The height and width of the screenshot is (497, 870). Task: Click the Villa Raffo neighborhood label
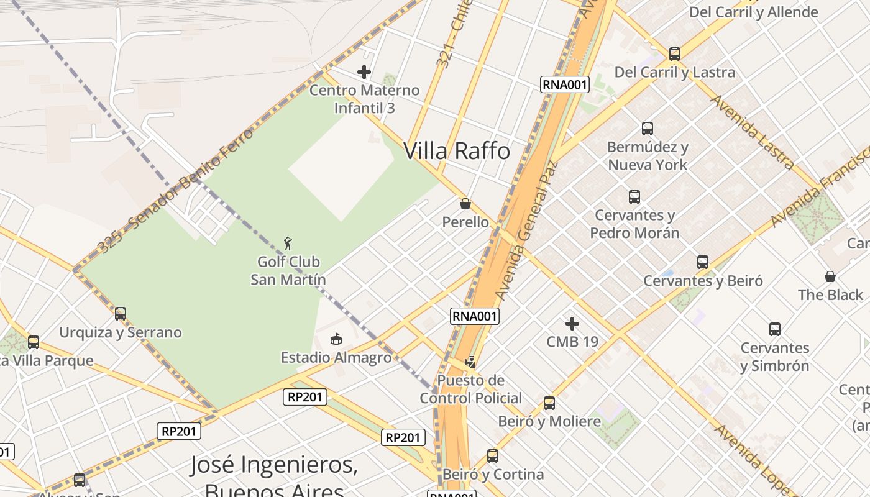(457, 151)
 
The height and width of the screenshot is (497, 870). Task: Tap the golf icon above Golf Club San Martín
(288, 243)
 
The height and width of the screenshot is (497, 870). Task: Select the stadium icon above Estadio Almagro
(336, 339)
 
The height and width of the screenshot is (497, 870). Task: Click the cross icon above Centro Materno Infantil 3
(364, 72)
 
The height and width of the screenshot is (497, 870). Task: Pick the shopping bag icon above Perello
(465, 203)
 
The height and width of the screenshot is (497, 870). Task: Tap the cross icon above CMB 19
(572, 323)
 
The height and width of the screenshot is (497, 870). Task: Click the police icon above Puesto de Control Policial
(470, 362)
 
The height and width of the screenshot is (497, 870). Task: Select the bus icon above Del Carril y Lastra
(675, 54)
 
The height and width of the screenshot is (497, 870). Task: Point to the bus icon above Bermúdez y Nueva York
(648, 129)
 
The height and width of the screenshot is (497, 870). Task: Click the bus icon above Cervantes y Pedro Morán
(634, 197)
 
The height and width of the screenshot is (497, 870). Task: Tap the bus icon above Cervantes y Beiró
(703, 262)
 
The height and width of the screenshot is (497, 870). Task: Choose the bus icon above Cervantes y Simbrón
(775, 329)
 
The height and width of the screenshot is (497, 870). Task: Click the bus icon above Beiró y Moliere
(549, 403)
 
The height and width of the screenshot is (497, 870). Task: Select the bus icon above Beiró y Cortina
(493, 456)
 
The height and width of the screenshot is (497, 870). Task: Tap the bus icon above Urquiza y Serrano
(121, 314)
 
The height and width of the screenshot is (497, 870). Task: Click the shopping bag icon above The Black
(830, 276)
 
